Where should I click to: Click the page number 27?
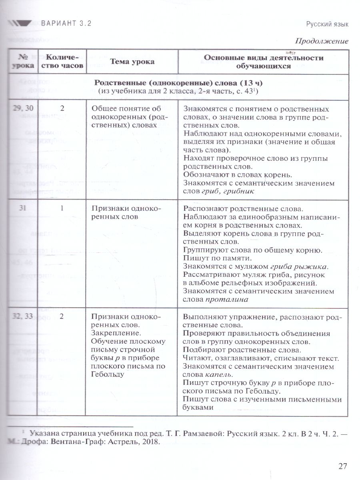coord(342,466)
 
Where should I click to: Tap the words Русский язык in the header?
coord(327,24)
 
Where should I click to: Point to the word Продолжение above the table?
coord(322,41)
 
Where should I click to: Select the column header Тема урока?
coord(132,62)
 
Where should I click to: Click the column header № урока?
coord(23,62)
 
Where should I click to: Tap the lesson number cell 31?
coord(23,208)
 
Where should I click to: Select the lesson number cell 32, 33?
coord(23,316)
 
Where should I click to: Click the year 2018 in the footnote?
coord(150,442)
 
